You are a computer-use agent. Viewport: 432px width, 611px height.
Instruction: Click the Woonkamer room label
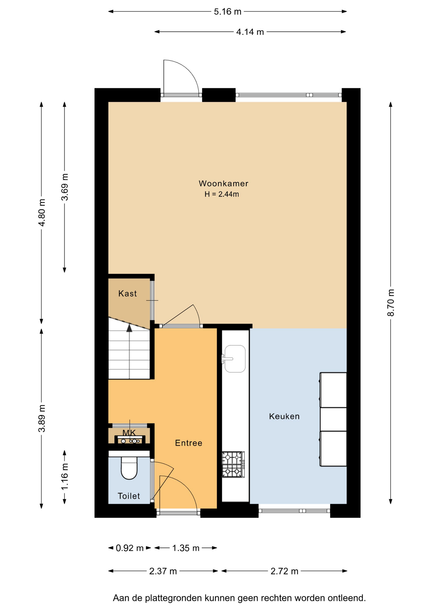[x=223, y=183]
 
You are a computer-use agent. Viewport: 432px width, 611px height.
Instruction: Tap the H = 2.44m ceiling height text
[x=222, y=194]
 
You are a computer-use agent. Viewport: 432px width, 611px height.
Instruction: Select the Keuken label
[x=284, y=416]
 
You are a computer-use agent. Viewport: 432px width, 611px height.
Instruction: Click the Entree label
[x=189, y=443]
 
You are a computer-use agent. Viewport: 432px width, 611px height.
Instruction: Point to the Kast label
[x=128, y=293]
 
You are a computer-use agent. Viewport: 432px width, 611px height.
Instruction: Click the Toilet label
[x=129, y=496]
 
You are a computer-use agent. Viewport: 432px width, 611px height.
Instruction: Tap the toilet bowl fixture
[x=129, y=468]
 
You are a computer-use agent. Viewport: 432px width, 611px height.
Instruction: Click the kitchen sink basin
[x=235, y=359]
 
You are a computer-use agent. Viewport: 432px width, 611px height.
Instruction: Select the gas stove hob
[x=233, y=464]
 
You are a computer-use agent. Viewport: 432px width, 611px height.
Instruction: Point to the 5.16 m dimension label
[x=227, y=12]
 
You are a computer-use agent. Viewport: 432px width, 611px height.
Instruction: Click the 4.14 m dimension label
[x=250, y=32]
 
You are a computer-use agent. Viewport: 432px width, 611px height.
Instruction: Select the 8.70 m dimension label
[x=391, y=303]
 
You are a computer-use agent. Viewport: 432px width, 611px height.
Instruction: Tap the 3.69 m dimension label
[x=65, y=187]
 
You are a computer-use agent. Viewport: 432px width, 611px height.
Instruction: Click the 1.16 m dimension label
[x=65, y=476]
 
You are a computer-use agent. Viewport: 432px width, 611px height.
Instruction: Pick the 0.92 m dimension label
[x=129, y=548]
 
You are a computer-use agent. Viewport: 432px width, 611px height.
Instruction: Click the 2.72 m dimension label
[x=284, y=571]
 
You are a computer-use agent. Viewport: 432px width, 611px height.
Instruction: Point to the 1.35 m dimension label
[x=186, y=548]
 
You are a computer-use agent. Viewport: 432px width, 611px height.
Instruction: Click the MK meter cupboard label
[x=129, y=433]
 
